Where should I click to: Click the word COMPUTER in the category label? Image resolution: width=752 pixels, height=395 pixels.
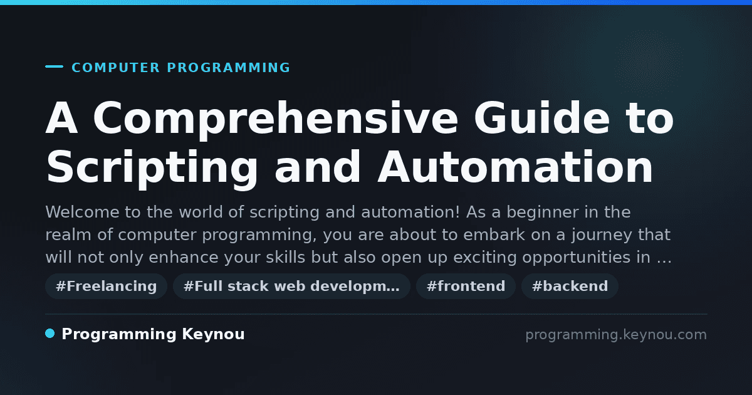tap(115, 68)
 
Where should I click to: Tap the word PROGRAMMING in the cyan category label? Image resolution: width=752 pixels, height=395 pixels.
tap(228, 68)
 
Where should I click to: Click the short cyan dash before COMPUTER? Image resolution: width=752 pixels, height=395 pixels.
tap(54, 66)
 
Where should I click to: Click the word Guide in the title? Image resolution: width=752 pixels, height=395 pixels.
tap(541, 118)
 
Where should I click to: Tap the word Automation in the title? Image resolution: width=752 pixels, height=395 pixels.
tap(515, 167)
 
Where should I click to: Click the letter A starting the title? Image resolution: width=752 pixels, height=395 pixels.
tap(61, 118)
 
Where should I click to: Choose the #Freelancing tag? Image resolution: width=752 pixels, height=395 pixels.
tap(106, 286)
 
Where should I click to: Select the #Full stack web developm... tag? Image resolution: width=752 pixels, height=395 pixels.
tap(291, 286)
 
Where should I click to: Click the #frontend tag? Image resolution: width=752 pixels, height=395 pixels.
tap(466, 286)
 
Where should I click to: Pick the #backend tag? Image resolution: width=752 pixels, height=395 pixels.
tap(570, 286)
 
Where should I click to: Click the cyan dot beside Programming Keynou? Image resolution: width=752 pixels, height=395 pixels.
tap(50, 334)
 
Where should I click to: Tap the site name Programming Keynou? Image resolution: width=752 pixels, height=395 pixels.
tap(153, 335)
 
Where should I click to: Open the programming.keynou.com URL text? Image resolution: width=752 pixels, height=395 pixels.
tap(616, 335)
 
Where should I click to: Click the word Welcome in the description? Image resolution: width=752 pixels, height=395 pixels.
tap(82, 213)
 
